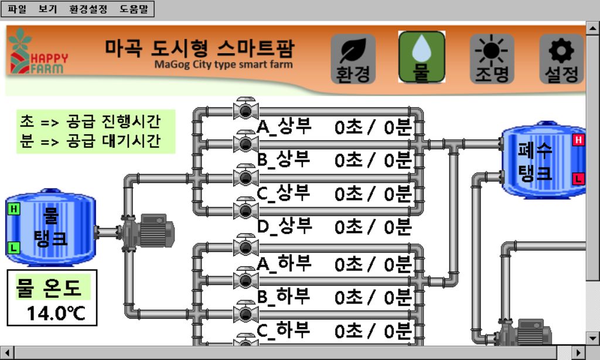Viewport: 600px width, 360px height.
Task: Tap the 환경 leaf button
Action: pyautogui.click(x=353, y=58)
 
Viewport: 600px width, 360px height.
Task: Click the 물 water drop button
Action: pyautogui.click(x=421, y=57)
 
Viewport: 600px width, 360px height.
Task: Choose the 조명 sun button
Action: pyautogui.click(x=492, y=58)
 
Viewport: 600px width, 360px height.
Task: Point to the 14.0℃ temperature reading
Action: pyautogui.click(x=56, y=313)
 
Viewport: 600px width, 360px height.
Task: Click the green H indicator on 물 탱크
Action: pyautogui.click(x=13, y=209)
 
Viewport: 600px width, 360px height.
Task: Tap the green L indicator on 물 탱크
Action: pyautogui.click(x=13, y=248)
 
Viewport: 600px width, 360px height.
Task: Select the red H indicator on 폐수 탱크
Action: pyautogui.click(x=578, y=140)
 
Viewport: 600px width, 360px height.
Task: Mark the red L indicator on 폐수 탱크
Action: pyautogui.click(x=578, y=178)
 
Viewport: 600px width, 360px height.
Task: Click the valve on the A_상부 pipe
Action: pyautogui.click(x=242, y=108)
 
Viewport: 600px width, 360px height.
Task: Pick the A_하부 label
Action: pyautogui.click(x=284, y=264)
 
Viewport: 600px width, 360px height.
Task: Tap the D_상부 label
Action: pyautogui.click(x=285, y=226)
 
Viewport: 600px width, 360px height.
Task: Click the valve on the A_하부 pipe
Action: pyautogui.click(x=242, y=246)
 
